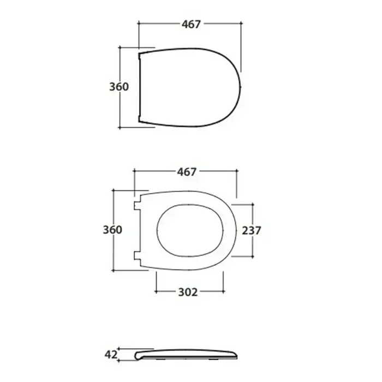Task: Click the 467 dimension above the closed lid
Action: pyautogui.click(x=191, y=24)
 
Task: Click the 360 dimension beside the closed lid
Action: pyautogui.click(x=118, y=87)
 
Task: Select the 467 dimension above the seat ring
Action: pyautogui.click(x=187, y=172)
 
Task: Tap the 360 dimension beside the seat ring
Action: pyautogui.click(x=112, y=230)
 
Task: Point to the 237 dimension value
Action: pyautogui.click(x=252, y=230)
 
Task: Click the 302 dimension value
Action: pyautogui.click(x=188, y=292)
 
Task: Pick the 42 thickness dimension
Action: pyautogui.click(x=111, y=355)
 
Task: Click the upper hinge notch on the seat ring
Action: pyautogui.click(x=137, y=206)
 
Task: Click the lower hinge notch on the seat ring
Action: pyautogui.click(x=137, y=255)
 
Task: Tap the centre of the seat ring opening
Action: pyautogui.click(x=190, y=230)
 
